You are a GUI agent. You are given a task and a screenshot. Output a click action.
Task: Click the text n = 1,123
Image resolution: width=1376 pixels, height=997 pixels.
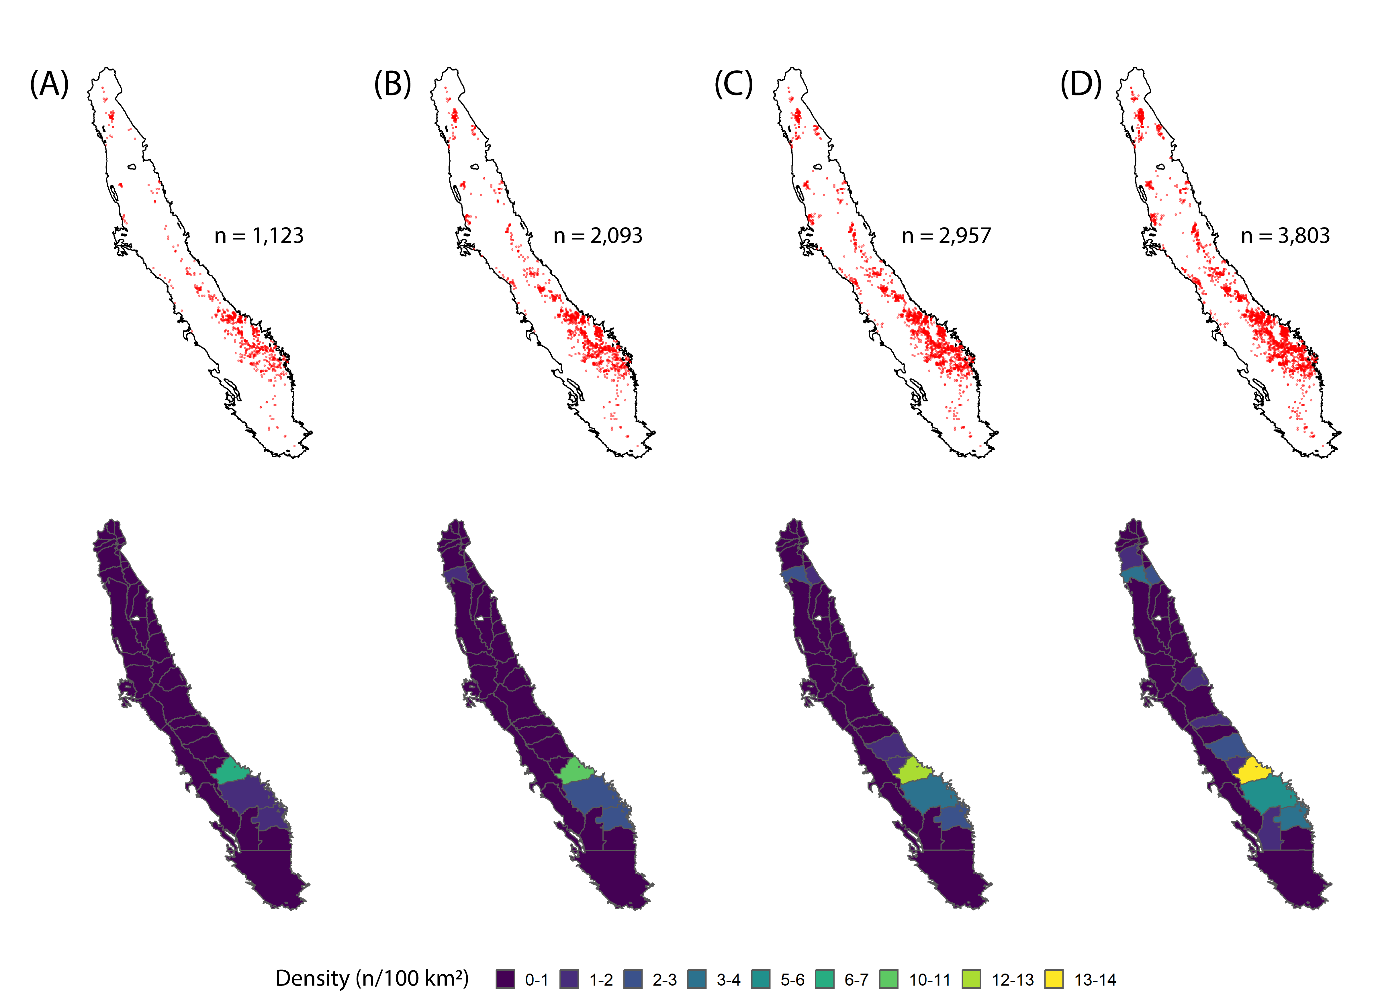tap(259, 235)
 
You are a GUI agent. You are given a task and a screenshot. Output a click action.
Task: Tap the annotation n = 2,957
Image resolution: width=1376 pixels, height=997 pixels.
tap(946, 235)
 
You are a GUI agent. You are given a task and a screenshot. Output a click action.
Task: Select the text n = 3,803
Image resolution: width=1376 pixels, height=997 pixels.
tap(1285, 235)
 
